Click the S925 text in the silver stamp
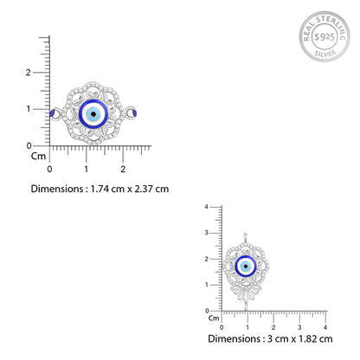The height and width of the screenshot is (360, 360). coord(325,37)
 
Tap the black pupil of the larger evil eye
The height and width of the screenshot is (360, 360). coord(93,114)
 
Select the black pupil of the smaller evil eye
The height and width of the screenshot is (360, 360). coord(246,267)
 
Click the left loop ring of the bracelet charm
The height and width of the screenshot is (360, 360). coord(56,113)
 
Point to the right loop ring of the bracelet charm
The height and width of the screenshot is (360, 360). coord(131,112)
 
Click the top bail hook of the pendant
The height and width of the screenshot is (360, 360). coord(245,238)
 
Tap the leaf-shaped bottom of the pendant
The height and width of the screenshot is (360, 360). coord(246,292)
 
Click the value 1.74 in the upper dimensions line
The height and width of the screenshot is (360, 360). coord(100,189)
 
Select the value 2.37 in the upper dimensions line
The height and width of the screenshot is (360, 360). coord(143,189)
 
